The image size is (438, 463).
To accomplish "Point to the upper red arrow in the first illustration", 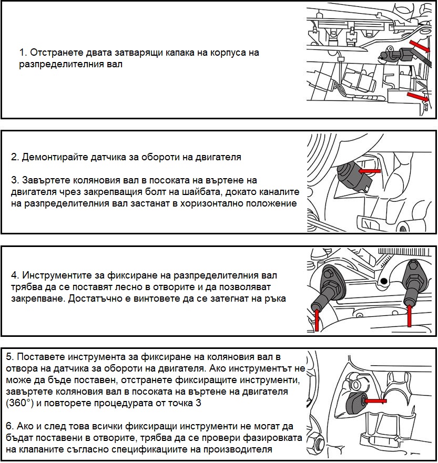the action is pyautogui.click(x=419, y=46).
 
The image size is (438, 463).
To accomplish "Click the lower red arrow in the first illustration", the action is pyautogui.click(x=417, y=97).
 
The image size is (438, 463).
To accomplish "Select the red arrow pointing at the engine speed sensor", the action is pyautogui.click(x=369, y=171).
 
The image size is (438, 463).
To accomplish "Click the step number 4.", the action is pyautogui.click(x=15, y=275).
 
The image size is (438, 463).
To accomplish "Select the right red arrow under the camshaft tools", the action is pyautogui.click(x=410, y=315).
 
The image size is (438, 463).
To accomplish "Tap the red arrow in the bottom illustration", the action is pyautogui.click(x=375, y=401).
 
